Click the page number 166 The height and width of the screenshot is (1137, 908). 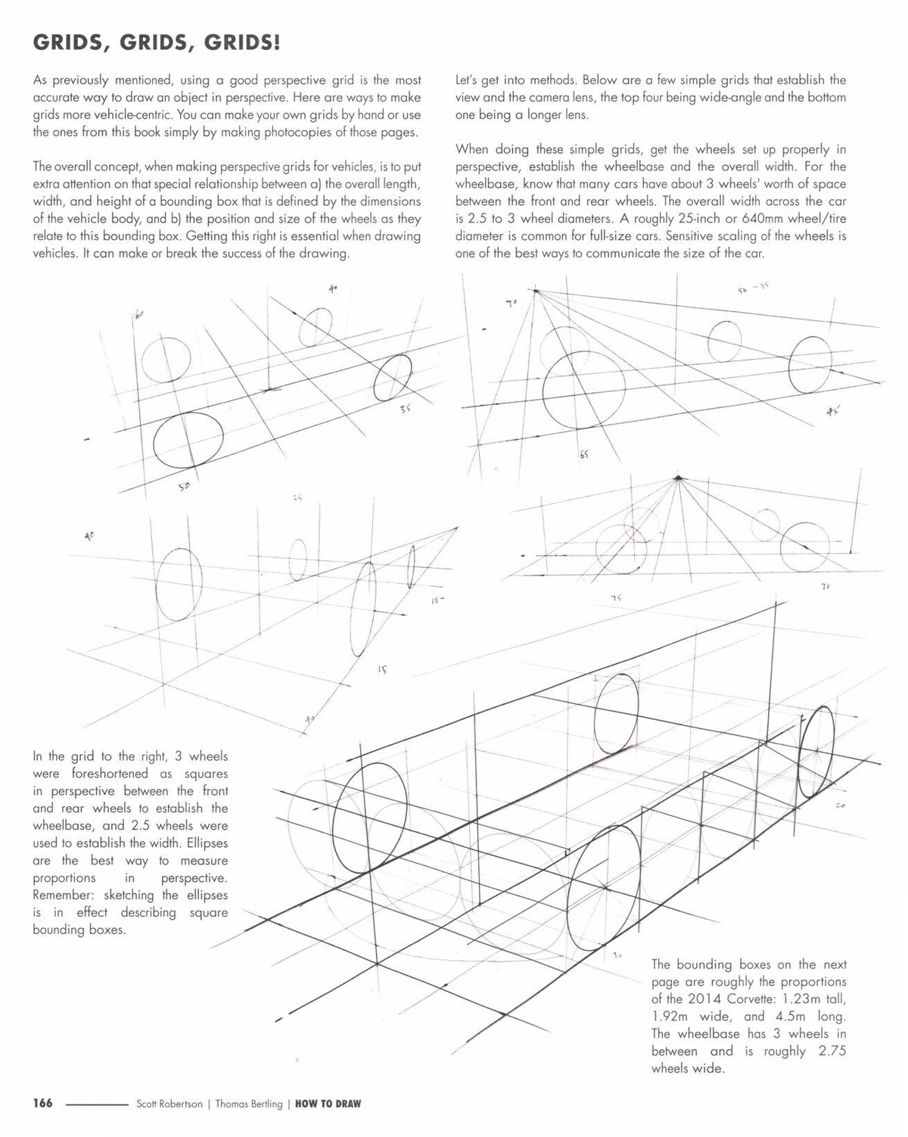coord(42,1103)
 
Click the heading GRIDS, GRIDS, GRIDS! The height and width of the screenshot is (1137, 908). coord(157,43)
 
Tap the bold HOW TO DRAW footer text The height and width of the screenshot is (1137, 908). coord(328,1104)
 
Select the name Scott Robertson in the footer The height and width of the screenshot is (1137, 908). coord(169,1104)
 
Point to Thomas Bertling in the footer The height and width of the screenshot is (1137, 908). coord(248,1104)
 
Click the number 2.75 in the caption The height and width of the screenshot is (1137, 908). coord(832,1051)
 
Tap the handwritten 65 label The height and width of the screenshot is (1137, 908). coord(584,454)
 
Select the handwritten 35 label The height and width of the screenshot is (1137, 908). coord(406,409)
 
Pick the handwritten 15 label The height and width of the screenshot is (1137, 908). coord(382,669)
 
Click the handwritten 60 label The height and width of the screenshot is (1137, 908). coord(139,314)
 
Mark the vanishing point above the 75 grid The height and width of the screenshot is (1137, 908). coord(678,478)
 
